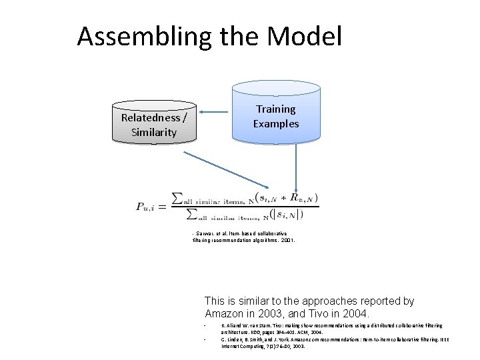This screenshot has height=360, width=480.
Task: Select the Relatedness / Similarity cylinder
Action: coord(154,124)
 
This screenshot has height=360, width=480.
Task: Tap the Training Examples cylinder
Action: coord(275,113)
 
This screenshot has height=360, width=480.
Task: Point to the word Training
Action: coord(275,109)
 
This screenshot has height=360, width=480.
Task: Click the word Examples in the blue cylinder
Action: coord(275,123)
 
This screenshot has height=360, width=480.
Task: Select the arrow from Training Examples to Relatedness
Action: coord(215,111)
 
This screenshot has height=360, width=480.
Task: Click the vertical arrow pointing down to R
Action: coord(295,167)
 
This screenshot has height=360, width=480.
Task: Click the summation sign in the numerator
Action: coord(177,198)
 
